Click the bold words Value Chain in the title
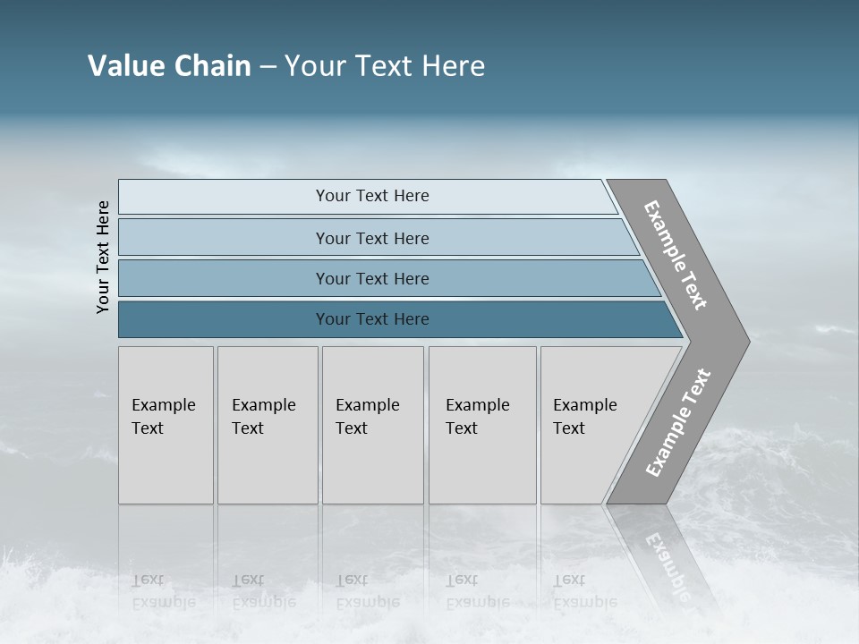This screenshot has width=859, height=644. pyautogui.click(x=169, y=66)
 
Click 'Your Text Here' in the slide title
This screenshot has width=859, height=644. pyautogui.click(x=385, y=66)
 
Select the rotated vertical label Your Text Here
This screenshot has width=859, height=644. pyautogui.click(x=104, y=257)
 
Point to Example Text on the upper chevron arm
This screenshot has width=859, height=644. pyautogui.click(x=676, y=255)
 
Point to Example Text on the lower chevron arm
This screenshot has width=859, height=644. pyautogui.click(x=678, y=422)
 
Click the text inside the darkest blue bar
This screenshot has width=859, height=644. pyautogui.click(x=372, y=319)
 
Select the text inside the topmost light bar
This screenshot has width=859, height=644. pyautogui.click(x=372, y=196)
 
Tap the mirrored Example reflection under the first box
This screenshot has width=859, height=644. pyautogui.click(x=163, y=602)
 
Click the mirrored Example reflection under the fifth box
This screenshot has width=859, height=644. pyautogui.click(x=584, y=602)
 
